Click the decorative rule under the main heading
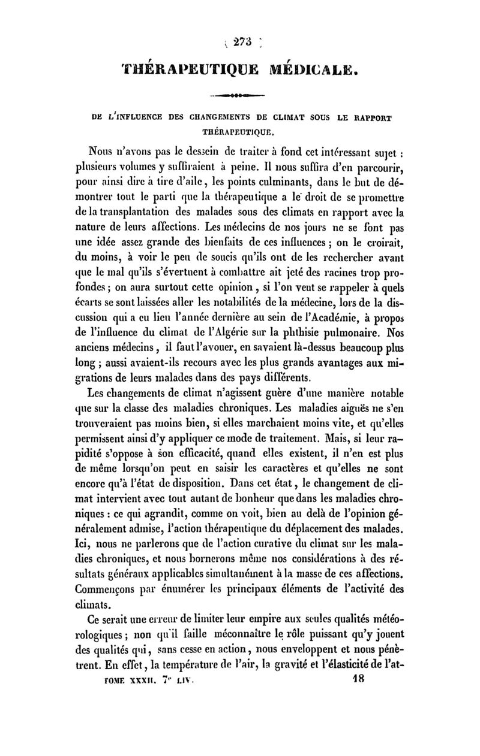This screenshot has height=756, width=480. pos(239,95)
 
